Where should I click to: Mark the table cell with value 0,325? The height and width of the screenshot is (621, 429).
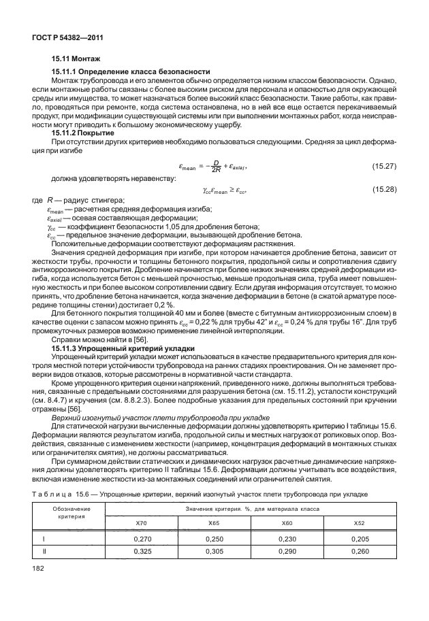click(x=141, y=551)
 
